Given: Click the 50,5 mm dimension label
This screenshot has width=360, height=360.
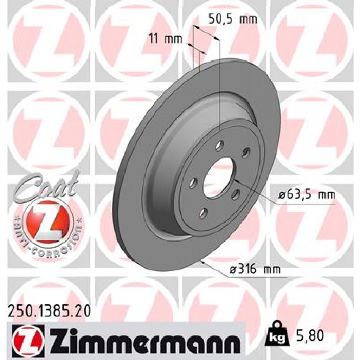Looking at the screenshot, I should (232, 19).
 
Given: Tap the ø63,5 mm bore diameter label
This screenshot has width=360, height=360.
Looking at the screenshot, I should (306, 194).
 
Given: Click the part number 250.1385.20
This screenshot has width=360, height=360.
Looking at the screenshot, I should (49, 311).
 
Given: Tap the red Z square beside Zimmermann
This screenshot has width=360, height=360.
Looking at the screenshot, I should (28, 338).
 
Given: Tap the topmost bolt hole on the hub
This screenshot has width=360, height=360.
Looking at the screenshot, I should (220, 144).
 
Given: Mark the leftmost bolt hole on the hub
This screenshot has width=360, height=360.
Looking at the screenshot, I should (193, 183).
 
